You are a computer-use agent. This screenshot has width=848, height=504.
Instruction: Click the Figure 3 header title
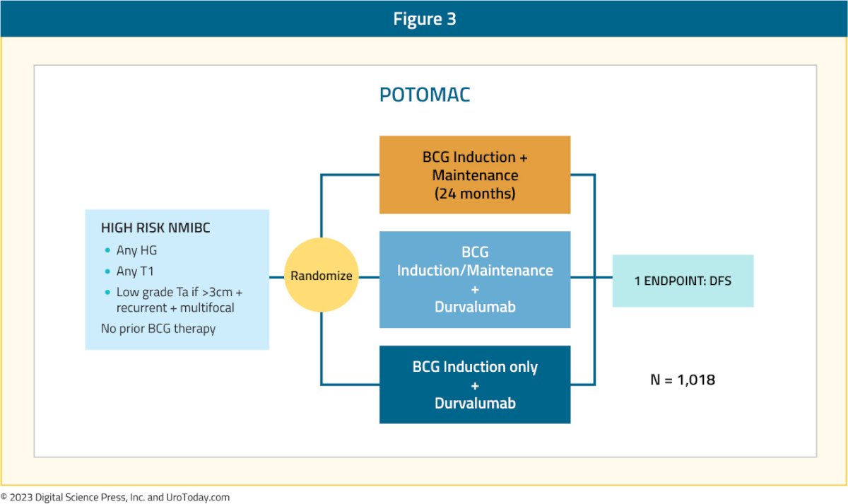(x=425, y=18)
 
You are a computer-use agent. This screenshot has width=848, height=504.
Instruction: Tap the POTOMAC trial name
(x=425, y=95)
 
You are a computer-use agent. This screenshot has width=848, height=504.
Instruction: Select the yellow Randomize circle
(x=321, y=275)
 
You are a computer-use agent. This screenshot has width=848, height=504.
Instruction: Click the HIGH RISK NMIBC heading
(x=155, y=228)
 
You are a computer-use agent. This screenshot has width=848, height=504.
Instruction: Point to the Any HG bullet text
(x=136, y=250)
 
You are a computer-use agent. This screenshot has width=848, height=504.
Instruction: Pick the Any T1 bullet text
(x=135, y=271)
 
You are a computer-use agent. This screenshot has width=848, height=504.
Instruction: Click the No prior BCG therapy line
(x=158, y=329)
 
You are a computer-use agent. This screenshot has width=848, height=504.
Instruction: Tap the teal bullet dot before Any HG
(x=107, y=250)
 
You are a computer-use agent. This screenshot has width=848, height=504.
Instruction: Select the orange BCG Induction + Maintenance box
(x=475, y=175)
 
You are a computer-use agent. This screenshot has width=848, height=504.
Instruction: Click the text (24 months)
(x=475, y=194)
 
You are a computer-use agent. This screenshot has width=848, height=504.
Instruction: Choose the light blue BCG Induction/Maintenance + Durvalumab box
(x=475, y=279)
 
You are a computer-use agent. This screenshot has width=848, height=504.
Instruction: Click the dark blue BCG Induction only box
(x=475, y=385)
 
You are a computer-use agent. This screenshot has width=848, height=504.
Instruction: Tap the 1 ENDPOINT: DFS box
(x=683, y=281)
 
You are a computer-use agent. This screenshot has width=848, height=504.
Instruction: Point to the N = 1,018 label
(x=683, y=380)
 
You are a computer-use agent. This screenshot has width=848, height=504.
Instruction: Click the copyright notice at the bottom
(x=115, y=497)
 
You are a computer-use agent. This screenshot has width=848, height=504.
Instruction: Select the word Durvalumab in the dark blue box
(x=475, y=404)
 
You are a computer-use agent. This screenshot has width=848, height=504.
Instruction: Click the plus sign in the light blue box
(x=475, y=290)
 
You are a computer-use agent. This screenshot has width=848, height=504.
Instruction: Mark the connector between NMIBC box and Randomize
(x=277, y=277)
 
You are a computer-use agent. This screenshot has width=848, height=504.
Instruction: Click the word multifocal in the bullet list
(x=207, y=307)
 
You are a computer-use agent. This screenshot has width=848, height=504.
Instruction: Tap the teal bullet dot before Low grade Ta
(x=107, y=292)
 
